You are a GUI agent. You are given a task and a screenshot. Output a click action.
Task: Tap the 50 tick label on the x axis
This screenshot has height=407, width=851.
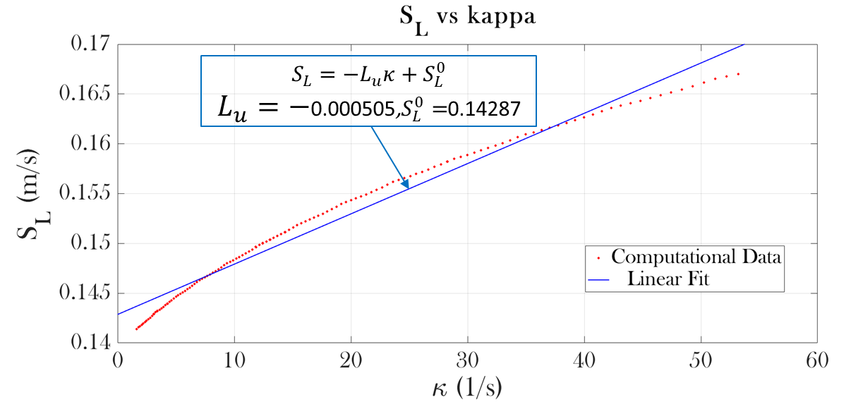point(701,359)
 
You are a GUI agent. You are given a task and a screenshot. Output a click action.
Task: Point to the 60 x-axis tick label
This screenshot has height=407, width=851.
point(817,359)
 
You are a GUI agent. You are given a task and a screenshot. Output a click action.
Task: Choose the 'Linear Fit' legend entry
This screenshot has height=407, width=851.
point(668,279)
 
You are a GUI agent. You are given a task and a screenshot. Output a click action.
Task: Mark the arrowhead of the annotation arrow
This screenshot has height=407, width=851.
point(406,185)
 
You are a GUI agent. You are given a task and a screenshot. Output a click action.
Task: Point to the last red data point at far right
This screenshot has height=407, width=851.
point(739,73)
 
